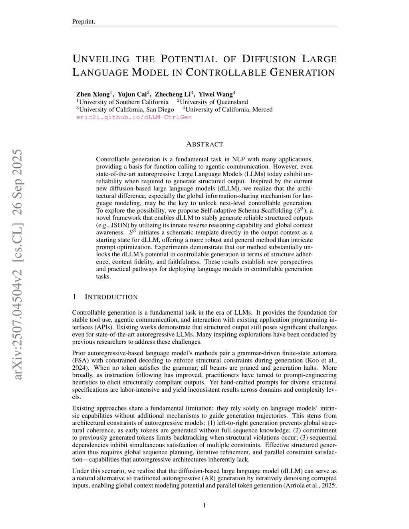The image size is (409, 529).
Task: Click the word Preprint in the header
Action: click(83, 22)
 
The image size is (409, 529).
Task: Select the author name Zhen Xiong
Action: click(93, 95)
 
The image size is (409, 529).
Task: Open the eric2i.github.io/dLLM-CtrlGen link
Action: click(134, 117)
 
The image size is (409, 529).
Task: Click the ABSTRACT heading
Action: click(204, 144)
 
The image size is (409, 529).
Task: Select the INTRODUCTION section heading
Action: click(111, 297)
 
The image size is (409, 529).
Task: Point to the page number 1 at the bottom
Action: click(204, 505)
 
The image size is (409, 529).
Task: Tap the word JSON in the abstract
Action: click(119, 225)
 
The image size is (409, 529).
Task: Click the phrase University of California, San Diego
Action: click(127, 109)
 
